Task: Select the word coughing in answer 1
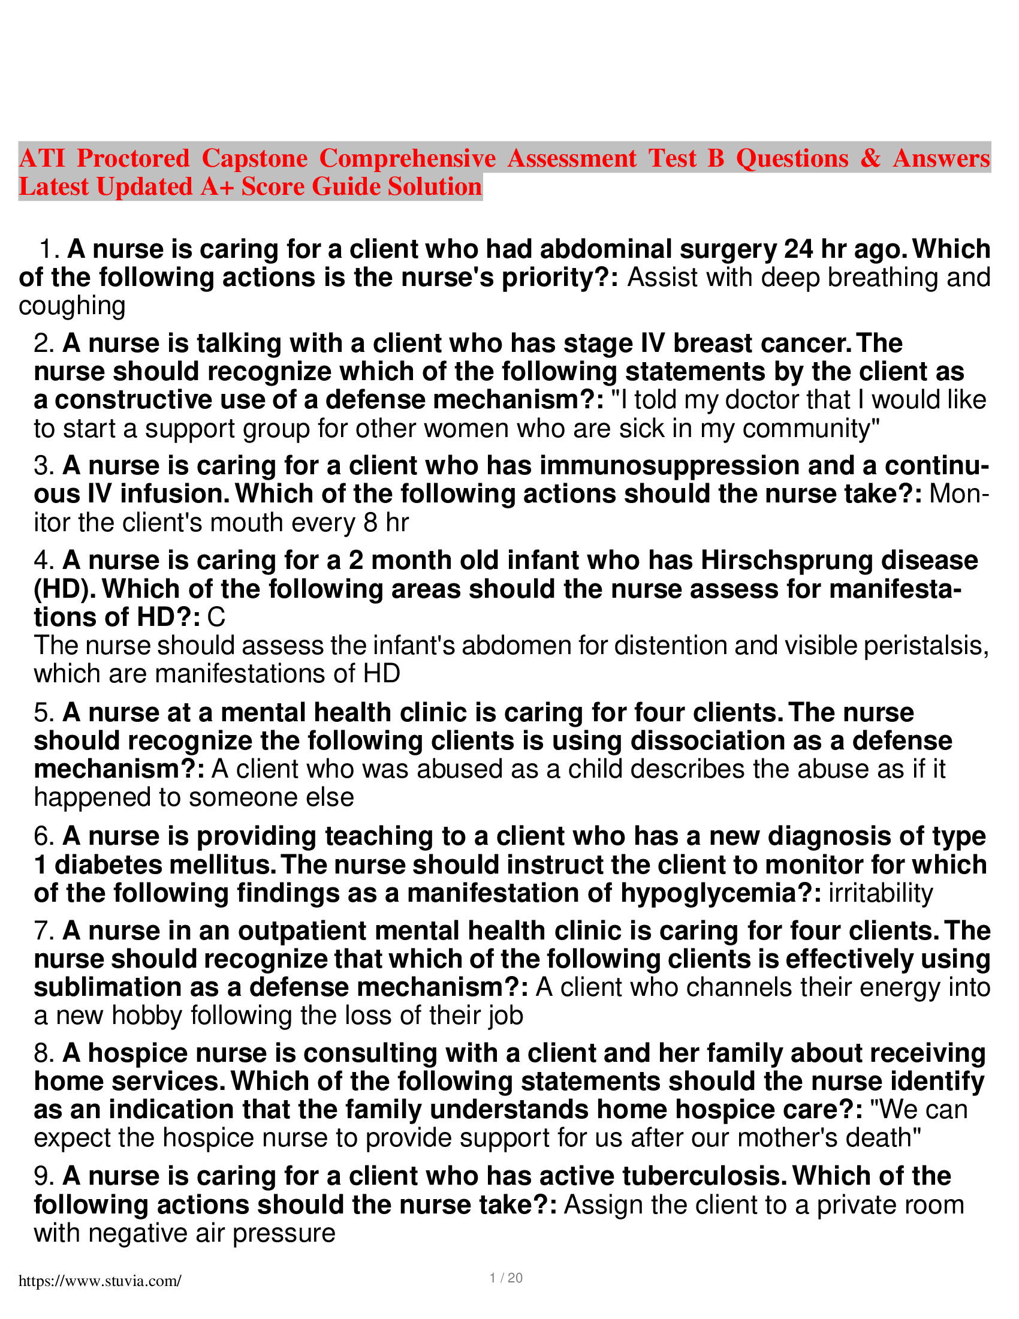[x=72, y=306]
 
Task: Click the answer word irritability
[x=881, y=893]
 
